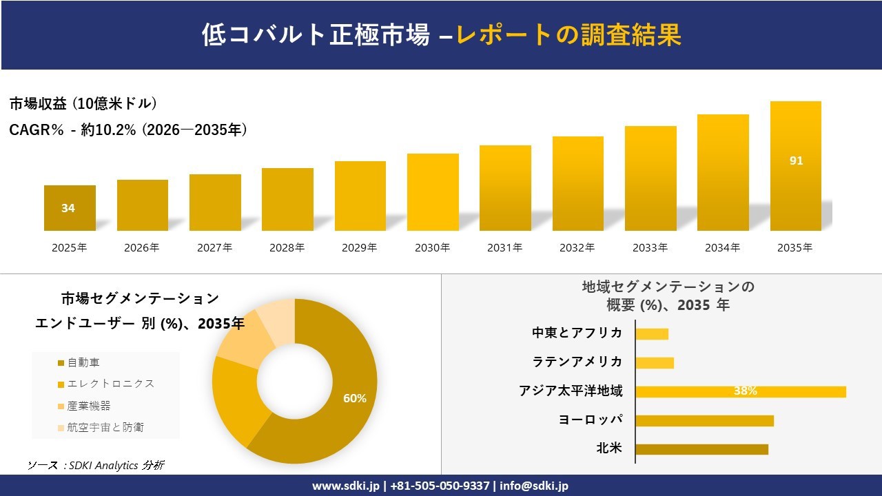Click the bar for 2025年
pyautogui.click(x=70, y=208)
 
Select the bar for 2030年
pyautogui.click(x=433, y=192)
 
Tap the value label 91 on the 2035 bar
pyautogui.click(x=796, y=161)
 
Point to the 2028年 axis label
pyautogui.click(x=287, y=248)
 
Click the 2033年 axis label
pyautogui.click(x=650, y=248)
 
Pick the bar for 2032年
pyautogui.click(x=577, y=183)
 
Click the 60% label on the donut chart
pyautogui.click(x=355, y=398)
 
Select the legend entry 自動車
pyautogui.click(x=83, y=362)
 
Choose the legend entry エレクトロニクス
pyautogui.click(x=110, y=384)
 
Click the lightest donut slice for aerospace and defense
pyautogui.click(x=278, y=321)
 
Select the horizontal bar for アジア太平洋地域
pyautogui.click(x=740, y=391)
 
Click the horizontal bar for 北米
pyautogui.click(x=701, y=449)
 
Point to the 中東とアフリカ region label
pyautogui.click(x=577, y=333)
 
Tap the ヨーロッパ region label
pyautogui.click(x=591, y=420)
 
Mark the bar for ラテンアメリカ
pyautogui.click(x=655, y=362)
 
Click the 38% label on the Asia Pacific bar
pyautogui.click(x=745, y=391)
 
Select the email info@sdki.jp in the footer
pyautogui.click(x=534, y=486)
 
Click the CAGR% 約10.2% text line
pyautogui.click(x=128, y=130)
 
